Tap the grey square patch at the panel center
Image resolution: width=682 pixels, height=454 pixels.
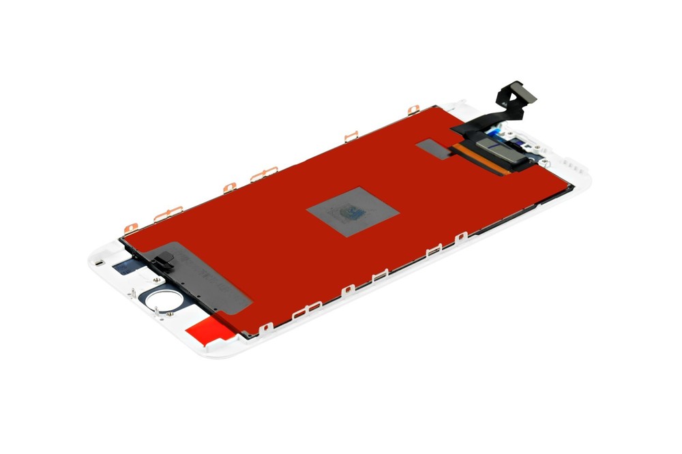coord(352,211)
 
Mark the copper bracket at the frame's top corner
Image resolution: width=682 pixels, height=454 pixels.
coord(413,110)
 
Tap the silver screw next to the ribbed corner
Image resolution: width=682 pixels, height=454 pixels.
coord(544,162)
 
